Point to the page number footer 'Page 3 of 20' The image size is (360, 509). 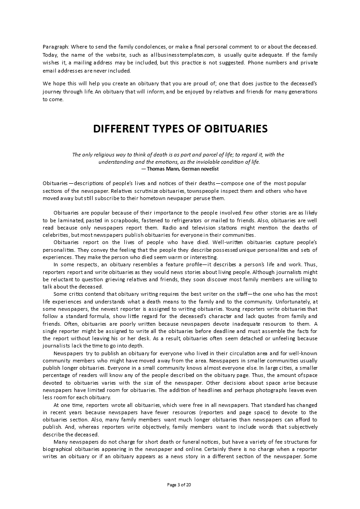(179, 485)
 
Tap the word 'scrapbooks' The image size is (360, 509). (106, 220)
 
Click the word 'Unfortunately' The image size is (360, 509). (295, 301)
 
